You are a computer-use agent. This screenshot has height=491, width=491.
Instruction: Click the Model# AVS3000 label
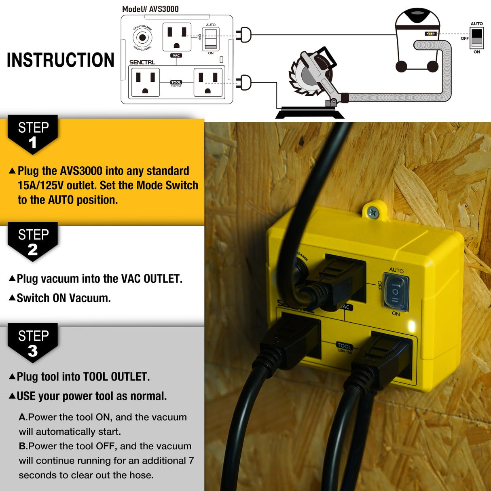click(x=150, y=9)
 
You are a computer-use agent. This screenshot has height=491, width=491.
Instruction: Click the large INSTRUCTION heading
click(x=61, y=60)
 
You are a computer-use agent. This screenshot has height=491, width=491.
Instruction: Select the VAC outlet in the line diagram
click(x=177, y=37)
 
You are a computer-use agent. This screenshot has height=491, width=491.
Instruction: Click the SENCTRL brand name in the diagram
click(x=142, y=62)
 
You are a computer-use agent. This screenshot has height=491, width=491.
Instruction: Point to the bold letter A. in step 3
click(x=23, y=417)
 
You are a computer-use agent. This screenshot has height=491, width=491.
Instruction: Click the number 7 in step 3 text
click(x=191, y=461)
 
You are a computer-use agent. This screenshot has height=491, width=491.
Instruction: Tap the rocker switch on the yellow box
click(x=395, y=291)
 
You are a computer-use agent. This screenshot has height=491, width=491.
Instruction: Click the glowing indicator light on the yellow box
click(x=412, y=326)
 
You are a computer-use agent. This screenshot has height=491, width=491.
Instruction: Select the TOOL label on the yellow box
click(x=344, y=346)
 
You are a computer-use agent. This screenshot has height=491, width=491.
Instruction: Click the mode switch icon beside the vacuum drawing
click(x=477, y=38)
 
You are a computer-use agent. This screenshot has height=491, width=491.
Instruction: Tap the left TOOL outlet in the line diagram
click(x=144, y=83)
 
